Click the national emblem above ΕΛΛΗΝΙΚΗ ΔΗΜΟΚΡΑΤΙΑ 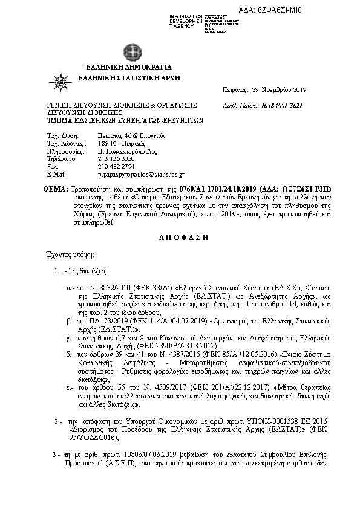click(131, 51)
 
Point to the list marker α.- click(71, 290)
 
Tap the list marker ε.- click(71, 386)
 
